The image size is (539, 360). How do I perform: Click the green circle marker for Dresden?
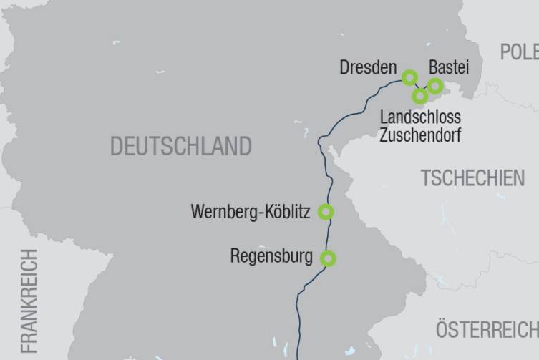pos(409,77)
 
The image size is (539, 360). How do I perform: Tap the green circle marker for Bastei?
pos(434,87)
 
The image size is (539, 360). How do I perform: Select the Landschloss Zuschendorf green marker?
pos(420,96)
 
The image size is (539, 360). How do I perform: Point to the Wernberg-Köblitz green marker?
pos(326,212)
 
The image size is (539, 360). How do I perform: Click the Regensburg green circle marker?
pos(328,258)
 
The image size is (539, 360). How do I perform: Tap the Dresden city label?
pos(368,68)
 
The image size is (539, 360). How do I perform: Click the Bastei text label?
pos(449,68)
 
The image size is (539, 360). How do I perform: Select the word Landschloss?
pos(420,117)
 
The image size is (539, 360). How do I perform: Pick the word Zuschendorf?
pos(420,135)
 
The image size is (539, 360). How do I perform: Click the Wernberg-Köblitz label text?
pos(251,213)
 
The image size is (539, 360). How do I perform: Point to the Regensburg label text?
pos(271,256)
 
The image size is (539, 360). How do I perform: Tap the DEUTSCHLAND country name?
pos(180,147)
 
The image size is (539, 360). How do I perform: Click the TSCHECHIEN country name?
pos(472,178)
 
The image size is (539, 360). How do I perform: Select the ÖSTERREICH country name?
pos(487,330)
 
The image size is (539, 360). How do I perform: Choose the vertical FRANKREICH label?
pos(29,301)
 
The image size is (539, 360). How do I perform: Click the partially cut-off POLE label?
pos(519,52)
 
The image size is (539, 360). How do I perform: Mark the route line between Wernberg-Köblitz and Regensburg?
pos(330,235)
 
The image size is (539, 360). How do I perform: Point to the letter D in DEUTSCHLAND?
pos(116,147)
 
